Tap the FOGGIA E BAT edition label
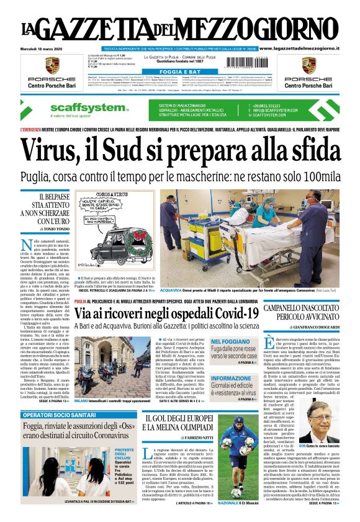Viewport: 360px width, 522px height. click(x=181, y=73)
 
